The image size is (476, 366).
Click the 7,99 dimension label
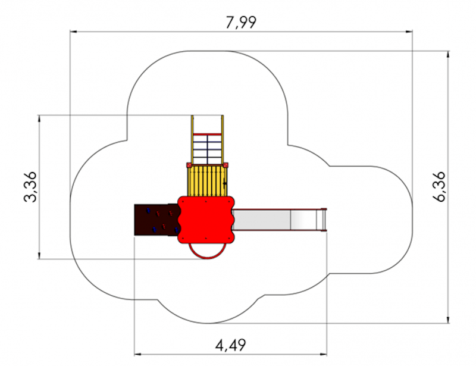(241, 23)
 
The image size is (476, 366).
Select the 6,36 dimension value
(439, 187)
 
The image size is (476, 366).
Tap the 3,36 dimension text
(30, 187)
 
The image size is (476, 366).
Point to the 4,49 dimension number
(231, 345)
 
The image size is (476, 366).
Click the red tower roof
(206, 220)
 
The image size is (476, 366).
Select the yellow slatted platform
(207, 181)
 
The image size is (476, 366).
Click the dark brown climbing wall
(156, 220)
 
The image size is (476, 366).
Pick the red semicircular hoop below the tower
(208, 258)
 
